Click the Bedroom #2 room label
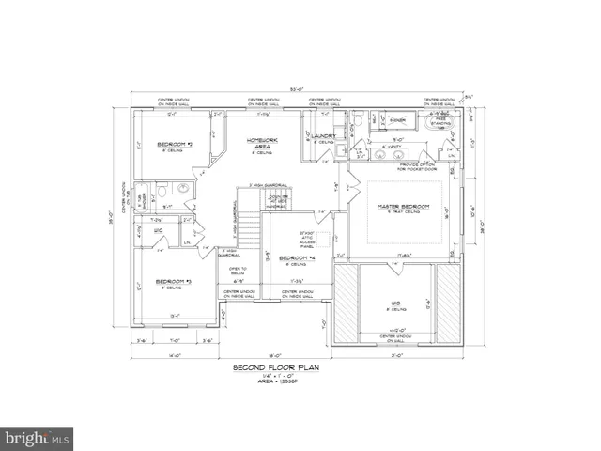pos(175,145)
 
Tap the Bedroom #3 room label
pos(174,281)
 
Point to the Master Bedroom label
pos(403,206)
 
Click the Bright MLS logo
pos(37,438)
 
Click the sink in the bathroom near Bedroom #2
pos(183,189)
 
